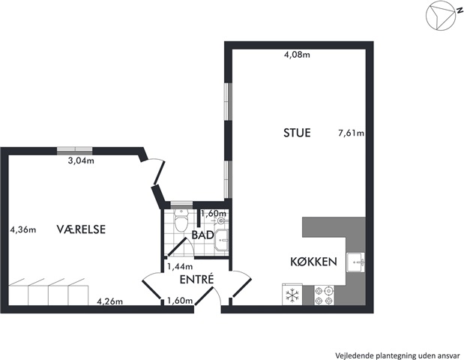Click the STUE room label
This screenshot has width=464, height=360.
297,133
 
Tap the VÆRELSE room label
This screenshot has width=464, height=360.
81,229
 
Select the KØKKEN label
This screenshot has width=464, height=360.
313,262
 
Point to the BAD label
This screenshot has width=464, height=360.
202,235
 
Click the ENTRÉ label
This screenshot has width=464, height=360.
197,279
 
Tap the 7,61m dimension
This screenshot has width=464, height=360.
351,133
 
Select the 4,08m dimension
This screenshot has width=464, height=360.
297,55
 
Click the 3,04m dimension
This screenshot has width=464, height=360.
81,160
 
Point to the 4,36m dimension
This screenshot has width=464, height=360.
23,229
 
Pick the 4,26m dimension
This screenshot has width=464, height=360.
110,301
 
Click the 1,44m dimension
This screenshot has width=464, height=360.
180,267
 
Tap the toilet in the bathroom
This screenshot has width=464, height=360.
181,220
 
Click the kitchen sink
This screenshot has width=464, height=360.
356,262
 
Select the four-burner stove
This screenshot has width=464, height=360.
323,295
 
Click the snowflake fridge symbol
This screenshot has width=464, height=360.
292,295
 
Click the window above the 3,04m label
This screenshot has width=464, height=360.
74,151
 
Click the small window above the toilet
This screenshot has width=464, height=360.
181,205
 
